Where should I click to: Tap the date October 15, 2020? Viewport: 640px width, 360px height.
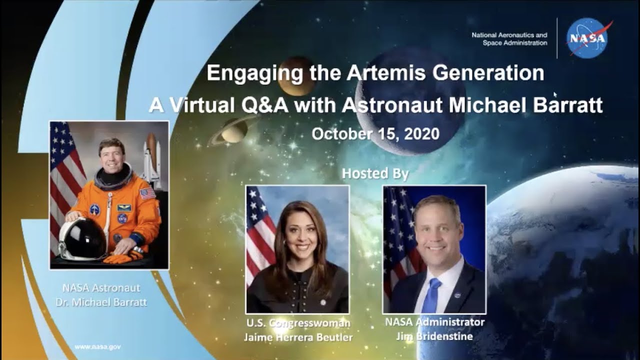coord(375,134)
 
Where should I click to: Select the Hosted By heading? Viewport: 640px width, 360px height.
coord(375,173)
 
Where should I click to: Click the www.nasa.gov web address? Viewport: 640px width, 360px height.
coord(97,346)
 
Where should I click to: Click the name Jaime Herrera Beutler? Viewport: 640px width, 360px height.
coord(298,337)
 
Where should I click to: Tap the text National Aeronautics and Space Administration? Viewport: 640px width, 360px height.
coord(509,39)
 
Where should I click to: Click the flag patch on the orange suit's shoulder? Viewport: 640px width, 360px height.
coord(147,193)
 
